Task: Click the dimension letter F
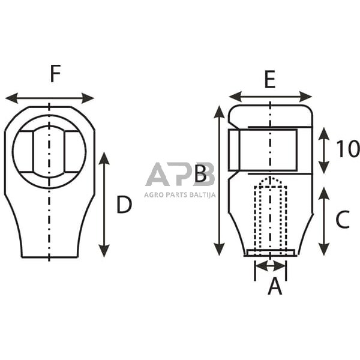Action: coord(55,74)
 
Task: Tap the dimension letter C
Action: coord(342,220)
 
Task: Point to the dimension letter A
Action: coord(274,286)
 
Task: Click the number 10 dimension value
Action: coord(347,149)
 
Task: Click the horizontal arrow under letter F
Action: coord(49,98)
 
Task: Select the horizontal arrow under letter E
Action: coord(271,97)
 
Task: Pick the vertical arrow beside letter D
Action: coord(104,205)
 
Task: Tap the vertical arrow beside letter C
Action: coord(324,221)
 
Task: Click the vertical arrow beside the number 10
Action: coord(324,151)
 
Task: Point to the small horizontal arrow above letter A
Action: coord(271,264)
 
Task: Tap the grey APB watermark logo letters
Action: coord(180,175)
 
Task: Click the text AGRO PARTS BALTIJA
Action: coord(180,194)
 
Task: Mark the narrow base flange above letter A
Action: coord(270,253)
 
